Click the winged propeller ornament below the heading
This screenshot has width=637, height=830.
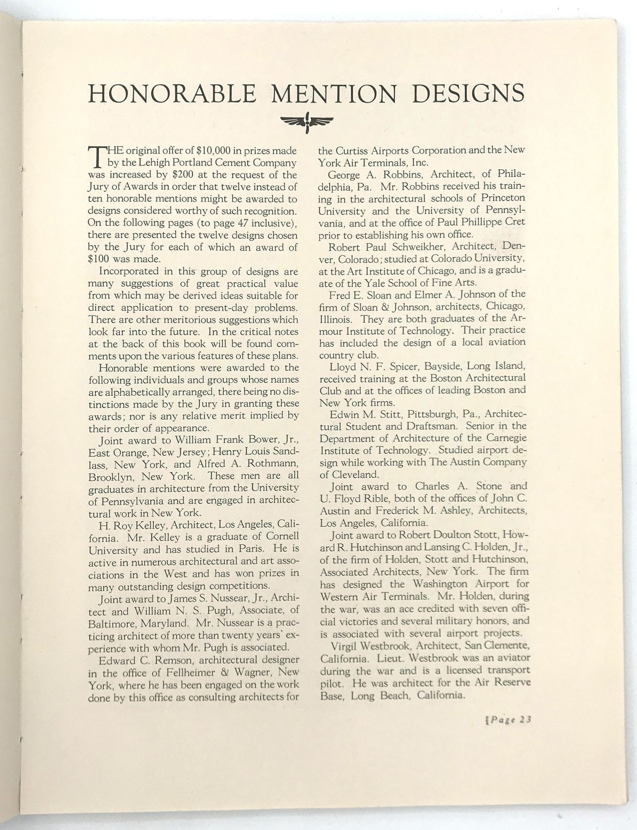307,122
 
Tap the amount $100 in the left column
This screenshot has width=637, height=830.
100,259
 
